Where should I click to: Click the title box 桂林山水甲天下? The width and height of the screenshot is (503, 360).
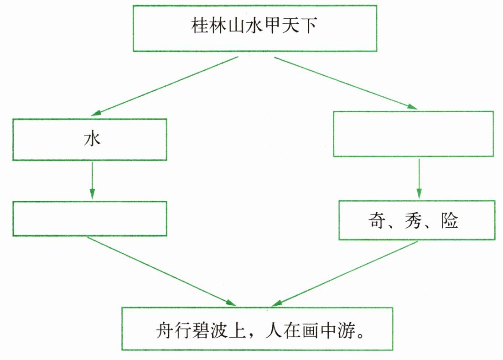254,28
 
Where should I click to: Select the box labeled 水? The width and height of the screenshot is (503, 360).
90,139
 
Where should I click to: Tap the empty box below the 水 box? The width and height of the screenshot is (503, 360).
90,219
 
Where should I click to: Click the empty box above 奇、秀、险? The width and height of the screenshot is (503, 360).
413,134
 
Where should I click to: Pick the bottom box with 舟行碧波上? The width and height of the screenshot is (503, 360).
257,329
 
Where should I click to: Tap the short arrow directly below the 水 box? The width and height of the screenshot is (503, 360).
92,180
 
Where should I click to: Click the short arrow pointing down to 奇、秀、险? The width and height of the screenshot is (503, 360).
419,179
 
